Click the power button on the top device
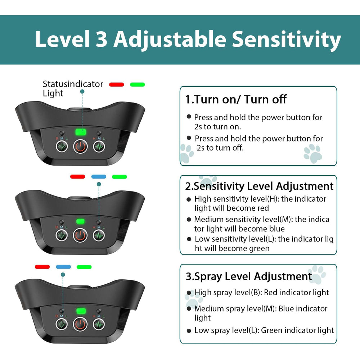pyautogui.click(x=80, y=146)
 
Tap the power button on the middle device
pyautogui.click(x=80, y=235)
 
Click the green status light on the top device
pyautogui.click(x=81, y=132)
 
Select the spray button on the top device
pyautogui.click(x=62, y=146)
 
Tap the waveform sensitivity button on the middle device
pyautogui.click(x=99, y=235)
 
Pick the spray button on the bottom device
pyautogui.click(x=62, y=324)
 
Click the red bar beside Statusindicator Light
pyautogui.click(x=116, y=85)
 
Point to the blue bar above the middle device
pyautogui.click(x=99, y=176)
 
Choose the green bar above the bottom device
pyautogui.click(x=84, y=267)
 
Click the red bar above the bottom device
pyautogui.click(x=42, y=267)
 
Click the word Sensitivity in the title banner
pyautogui.click(x=286, y=40)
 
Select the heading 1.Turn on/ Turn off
pyautogui.click(x=236, y=99)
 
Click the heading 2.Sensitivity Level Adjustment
pyautogui.click(x=259, y=186)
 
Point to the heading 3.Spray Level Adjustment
pyautogui.click(x=249, y=276)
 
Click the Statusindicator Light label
pyautogui.click(x=73, y=89)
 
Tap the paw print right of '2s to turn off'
pyautogui.click(x=313, y=153)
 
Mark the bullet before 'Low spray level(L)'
pyautogui.click(x=189, y=331)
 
